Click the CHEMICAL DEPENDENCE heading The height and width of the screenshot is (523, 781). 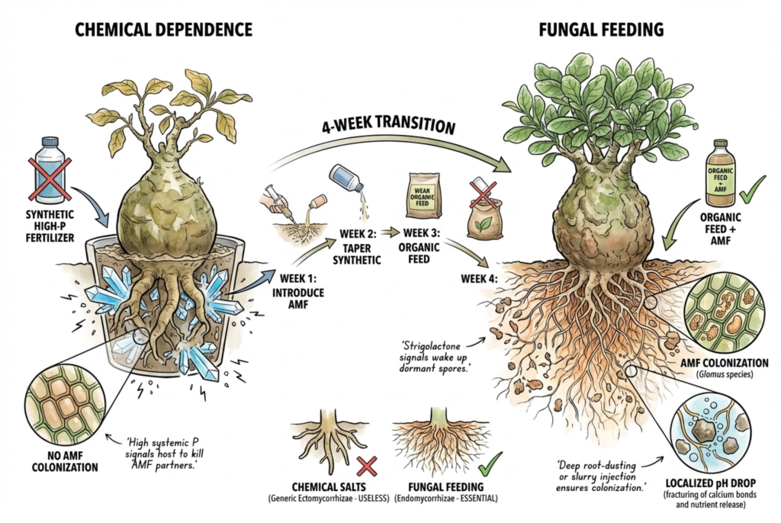point(163,30)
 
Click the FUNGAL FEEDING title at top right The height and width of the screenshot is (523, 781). point(601,30)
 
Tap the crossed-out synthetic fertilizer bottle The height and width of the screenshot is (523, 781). point(50,171)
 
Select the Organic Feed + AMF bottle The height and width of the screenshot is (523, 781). point(720,173)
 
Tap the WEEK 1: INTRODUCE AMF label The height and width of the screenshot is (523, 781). point(298,290)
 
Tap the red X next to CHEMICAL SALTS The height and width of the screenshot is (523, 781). point(367,467)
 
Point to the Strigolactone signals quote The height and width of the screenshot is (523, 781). point(435,357)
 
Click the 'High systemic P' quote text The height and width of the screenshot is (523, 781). point(165,454)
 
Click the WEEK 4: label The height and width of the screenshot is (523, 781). point(479,278)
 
